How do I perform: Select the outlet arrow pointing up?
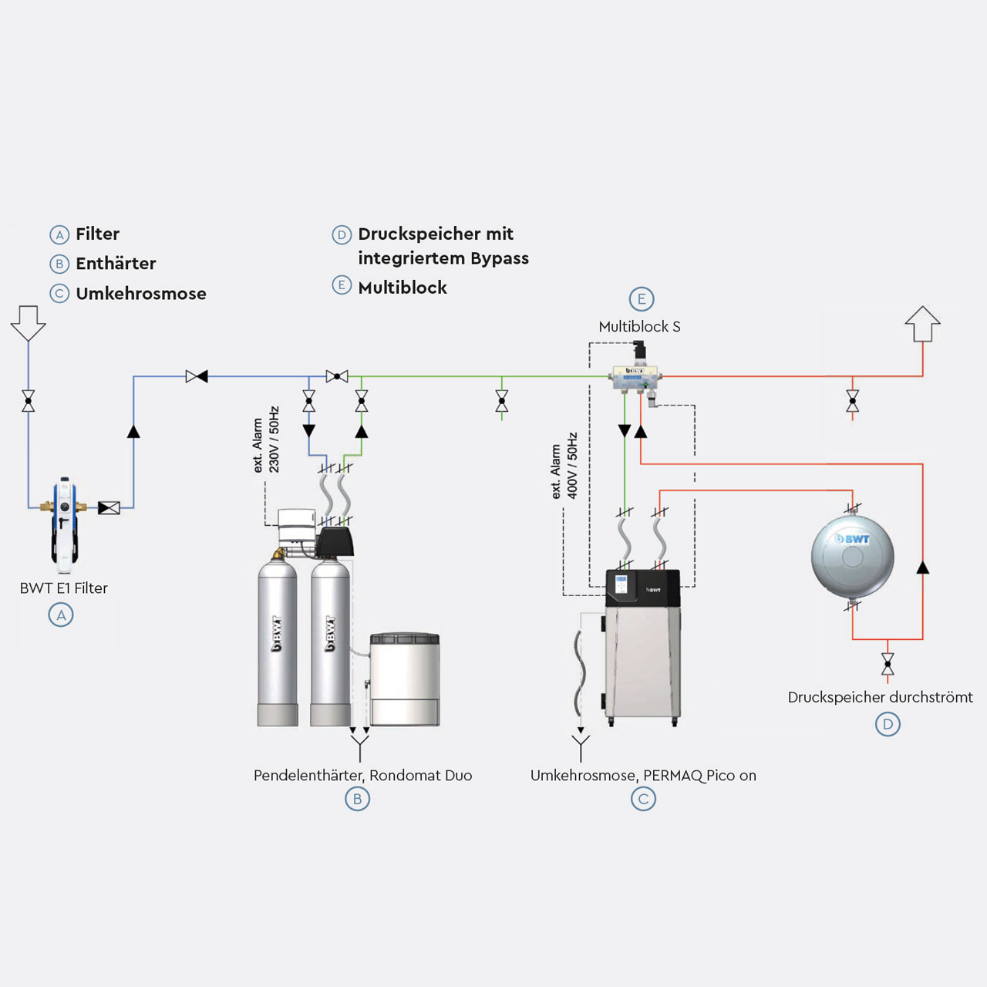click(922, 324)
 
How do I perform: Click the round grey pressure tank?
click(852, 555)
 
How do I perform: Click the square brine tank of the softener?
click(405, 679)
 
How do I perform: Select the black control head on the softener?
click(336, 541)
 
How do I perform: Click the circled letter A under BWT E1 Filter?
click(61, 615)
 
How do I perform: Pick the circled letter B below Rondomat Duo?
click(357, 799)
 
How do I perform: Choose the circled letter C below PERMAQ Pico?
click(643, 799)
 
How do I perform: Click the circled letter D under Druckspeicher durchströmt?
click(888, 724)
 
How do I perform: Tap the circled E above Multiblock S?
click(641, 299)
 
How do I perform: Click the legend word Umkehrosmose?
click(141, 294)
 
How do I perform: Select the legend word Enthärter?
click(116, 264)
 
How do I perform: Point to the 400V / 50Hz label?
click(572, 465)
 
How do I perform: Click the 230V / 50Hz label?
click(274, 440)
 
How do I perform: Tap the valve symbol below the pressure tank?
click(888, 663)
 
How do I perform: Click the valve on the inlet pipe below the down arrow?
click(29, 401)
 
